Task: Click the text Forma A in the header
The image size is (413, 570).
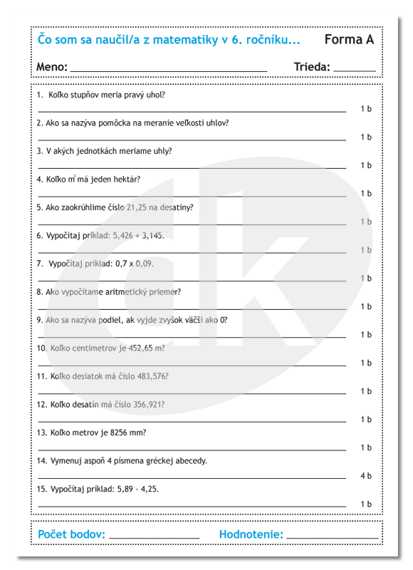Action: coord(349,40)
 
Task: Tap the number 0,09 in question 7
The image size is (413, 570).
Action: coord(144,264)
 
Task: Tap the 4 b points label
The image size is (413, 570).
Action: coord(366,476)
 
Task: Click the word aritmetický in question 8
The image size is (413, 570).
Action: coord(134,292)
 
